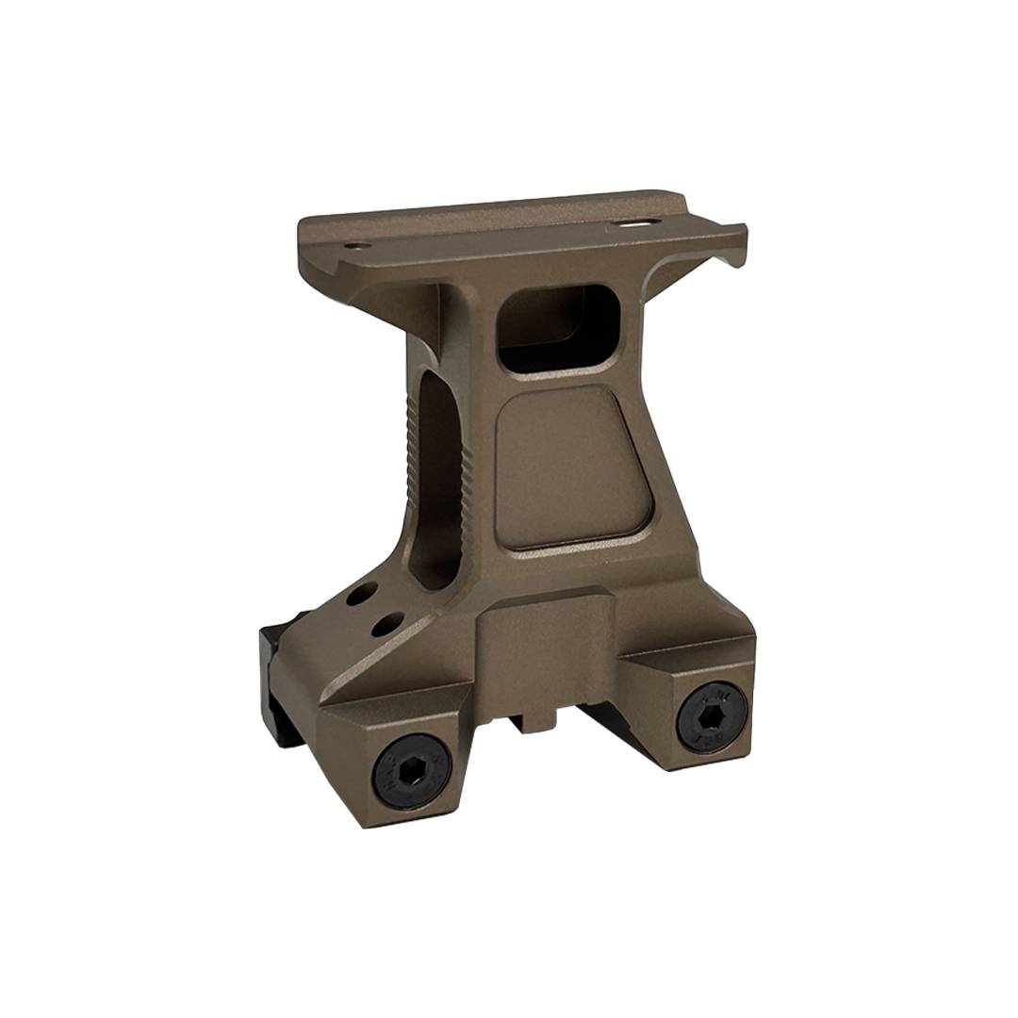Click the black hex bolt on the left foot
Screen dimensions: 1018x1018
point(412,770)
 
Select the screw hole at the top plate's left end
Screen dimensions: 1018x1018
point(355,247)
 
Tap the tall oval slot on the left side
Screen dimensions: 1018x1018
point(435,481)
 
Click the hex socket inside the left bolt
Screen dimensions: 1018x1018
point(412,771)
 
